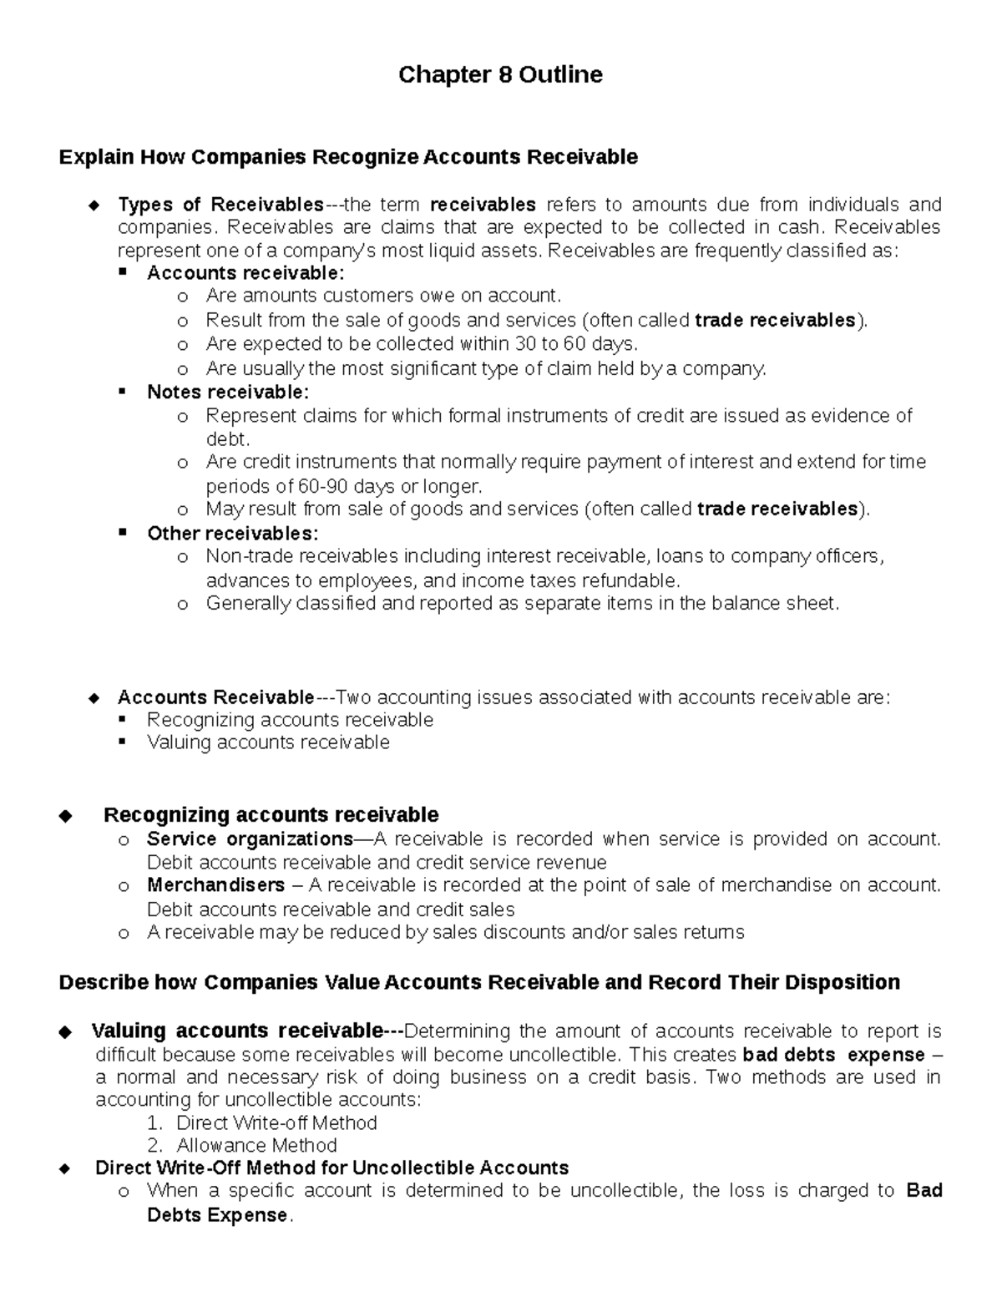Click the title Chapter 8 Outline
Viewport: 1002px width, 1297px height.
[500, 75]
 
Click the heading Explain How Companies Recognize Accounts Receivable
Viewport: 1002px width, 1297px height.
[348, 157]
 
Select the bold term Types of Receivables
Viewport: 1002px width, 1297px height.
[220, 205]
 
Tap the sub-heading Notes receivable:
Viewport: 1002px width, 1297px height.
[228, 392]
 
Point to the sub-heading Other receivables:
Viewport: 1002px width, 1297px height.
[232, 533]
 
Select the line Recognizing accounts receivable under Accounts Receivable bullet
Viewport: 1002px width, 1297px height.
[290, 720]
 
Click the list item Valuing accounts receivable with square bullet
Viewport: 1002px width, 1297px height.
[268, 742]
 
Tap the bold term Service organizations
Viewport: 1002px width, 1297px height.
[250, 838]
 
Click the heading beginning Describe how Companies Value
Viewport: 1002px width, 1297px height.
[479, 982]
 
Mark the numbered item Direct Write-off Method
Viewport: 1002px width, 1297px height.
[276, 1122]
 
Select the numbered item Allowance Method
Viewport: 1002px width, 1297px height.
[256, 1145]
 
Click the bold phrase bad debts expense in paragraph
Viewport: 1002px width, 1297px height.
[832, 1055]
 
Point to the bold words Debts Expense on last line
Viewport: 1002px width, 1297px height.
[217, 1215]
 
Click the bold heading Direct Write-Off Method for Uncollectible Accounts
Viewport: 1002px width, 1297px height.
[331, 1168]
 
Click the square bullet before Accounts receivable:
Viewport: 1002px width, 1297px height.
[123, 272]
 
